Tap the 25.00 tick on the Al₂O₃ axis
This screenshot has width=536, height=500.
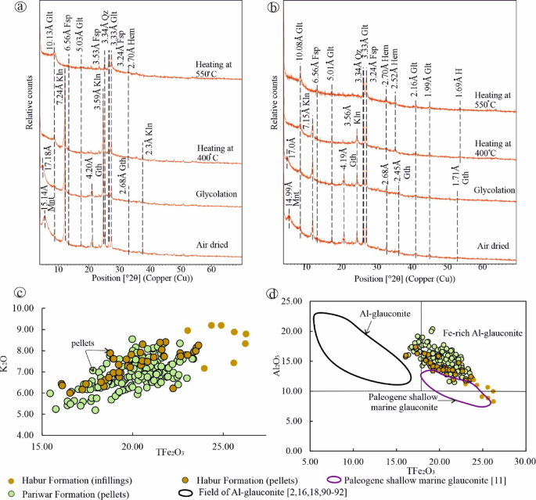[x=293, y=301]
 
